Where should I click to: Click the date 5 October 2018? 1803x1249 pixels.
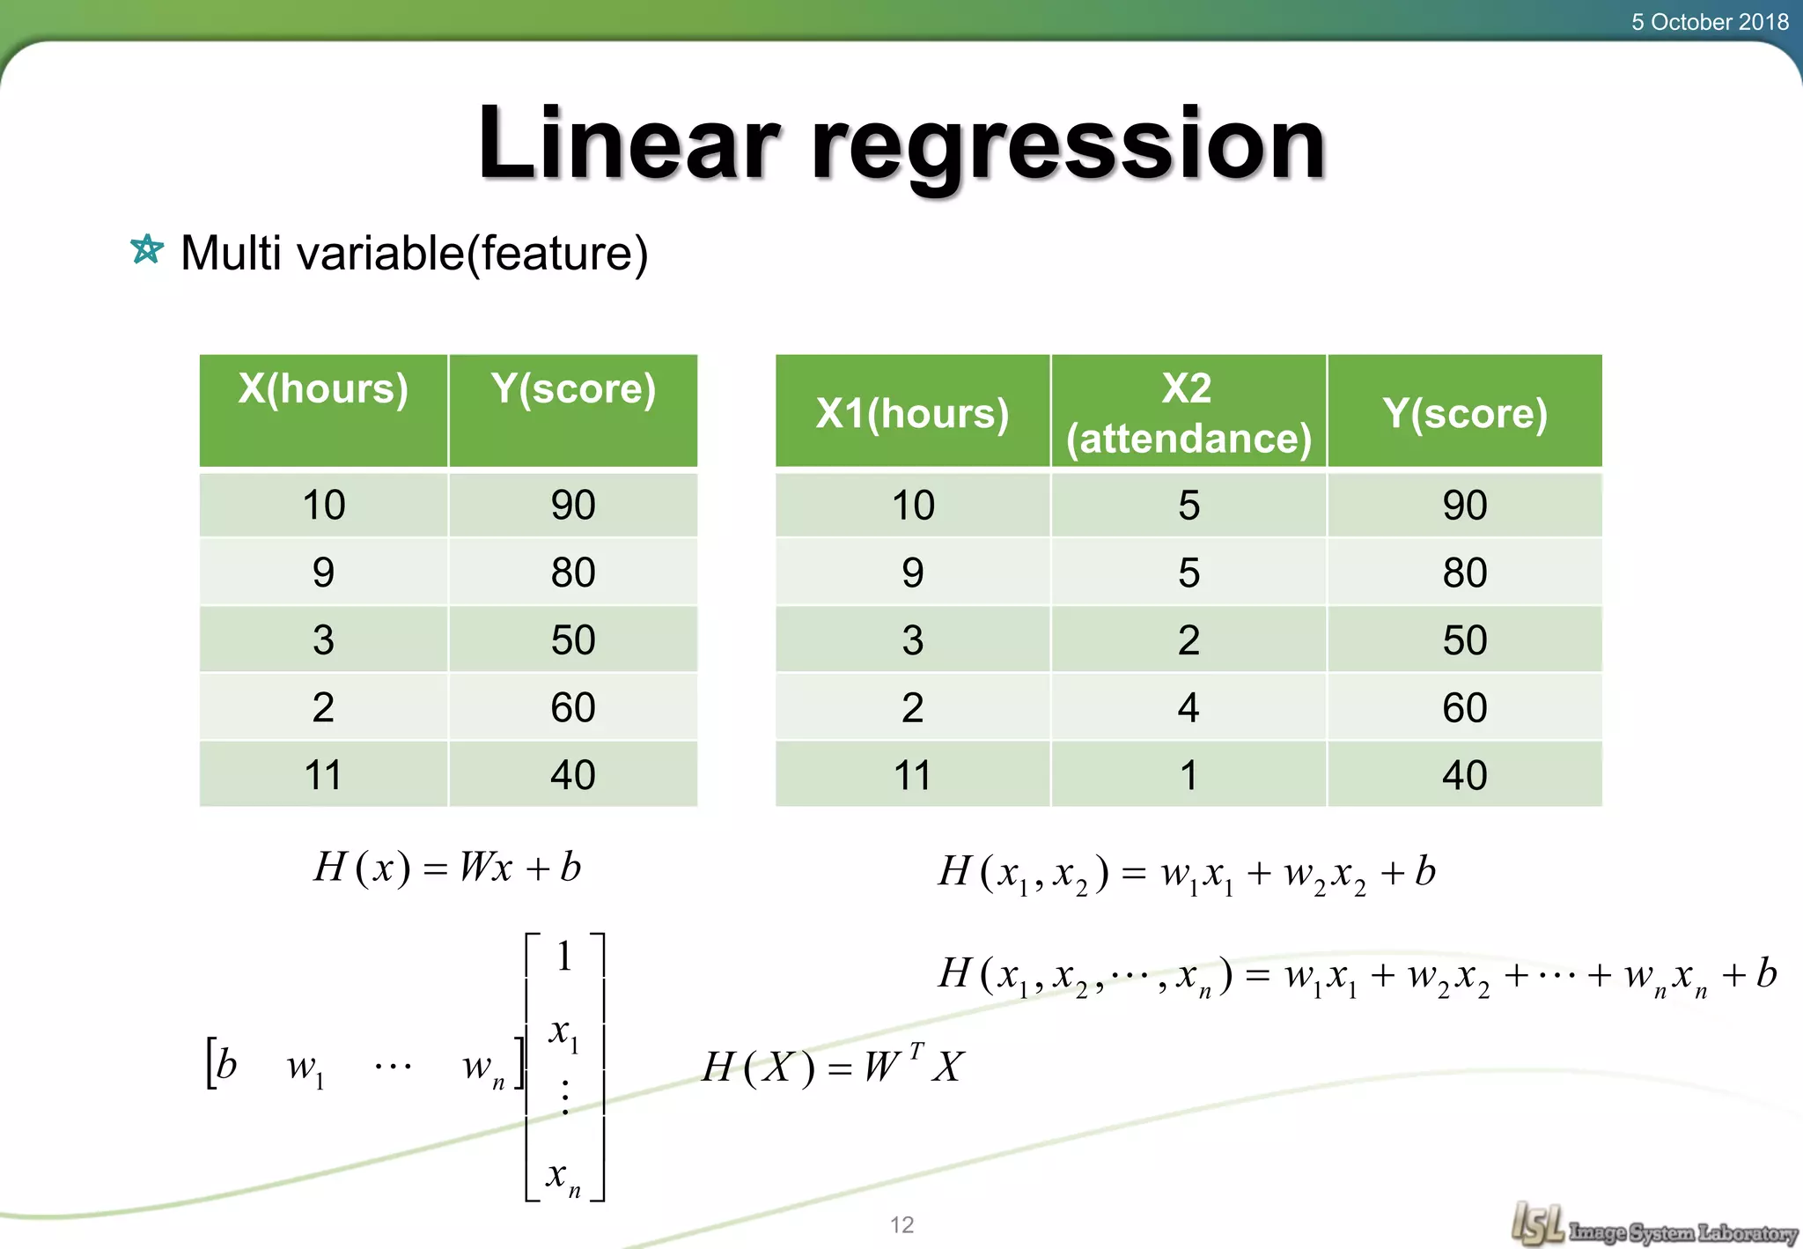tap(1709, 22)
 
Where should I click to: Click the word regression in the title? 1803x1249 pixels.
tap(1067, 145)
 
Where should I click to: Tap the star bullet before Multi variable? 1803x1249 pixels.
tap(147, 250)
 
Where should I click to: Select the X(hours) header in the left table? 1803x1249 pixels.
tap(323, 389)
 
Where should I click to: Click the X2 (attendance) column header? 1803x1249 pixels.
tap(1189, 412)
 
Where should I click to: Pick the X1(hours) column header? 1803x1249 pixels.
tap(912, 413)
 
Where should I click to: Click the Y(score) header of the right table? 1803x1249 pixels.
tap(1464, 413)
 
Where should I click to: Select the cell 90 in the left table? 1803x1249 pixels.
tap(573, 506)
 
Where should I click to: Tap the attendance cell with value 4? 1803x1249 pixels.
tap(1189, 707)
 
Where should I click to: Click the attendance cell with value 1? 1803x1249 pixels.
tap(1189, 775)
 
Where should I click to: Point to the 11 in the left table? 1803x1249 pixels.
tap(323, 775)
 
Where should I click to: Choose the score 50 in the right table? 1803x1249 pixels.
tap(1464, 640)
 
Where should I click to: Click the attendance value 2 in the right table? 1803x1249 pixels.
tap(1189, 640)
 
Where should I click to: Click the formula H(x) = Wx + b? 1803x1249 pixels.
tap(447, 868)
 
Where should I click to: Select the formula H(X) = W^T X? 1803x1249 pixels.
tap(832, 1067)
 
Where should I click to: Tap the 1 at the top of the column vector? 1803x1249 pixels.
tap(564, 957)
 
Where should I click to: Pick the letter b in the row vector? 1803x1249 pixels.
tap(226, 1065)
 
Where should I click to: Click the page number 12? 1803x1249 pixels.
tap(901, 1224)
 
